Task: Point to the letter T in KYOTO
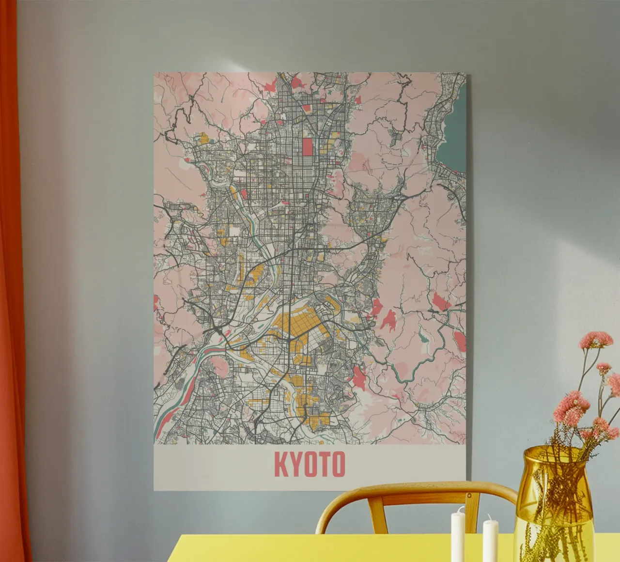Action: [324, 464]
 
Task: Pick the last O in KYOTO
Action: [338, 464]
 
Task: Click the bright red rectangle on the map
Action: [307, 146]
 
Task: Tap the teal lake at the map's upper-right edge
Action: [453, 140]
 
